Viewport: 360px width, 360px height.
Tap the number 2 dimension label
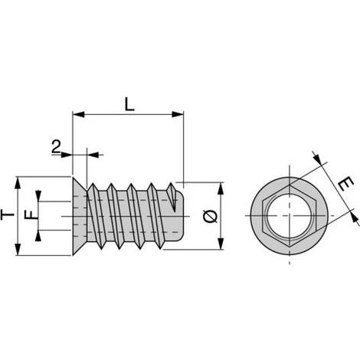coord(56,146)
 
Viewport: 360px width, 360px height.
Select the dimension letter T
coord(7,214)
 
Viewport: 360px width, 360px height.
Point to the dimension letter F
coord(31,214)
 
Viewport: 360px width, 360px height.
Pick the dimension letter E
coord(345,185)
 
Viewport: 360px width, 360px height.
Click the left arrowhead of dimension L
coord(79,114)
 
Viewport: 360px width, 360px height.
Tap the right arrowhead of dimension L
coord(178,114)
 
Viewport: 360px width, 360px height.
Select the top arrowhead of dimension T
coord(18,183)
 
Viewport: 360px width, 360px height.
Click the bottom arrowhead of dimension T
coord(18,250)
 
